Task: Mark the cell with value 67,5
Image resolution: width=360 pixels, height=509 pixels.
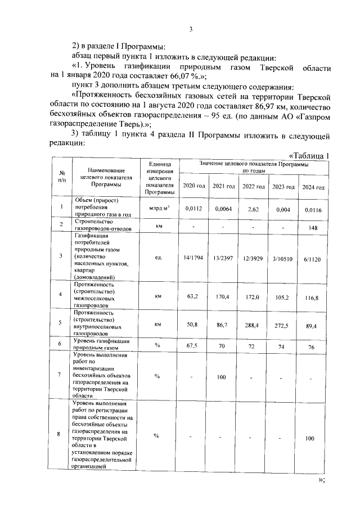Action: pos(193,346)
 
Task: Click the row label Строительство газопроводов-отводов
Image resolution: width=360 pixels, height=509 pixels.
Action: pos(102,226)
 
